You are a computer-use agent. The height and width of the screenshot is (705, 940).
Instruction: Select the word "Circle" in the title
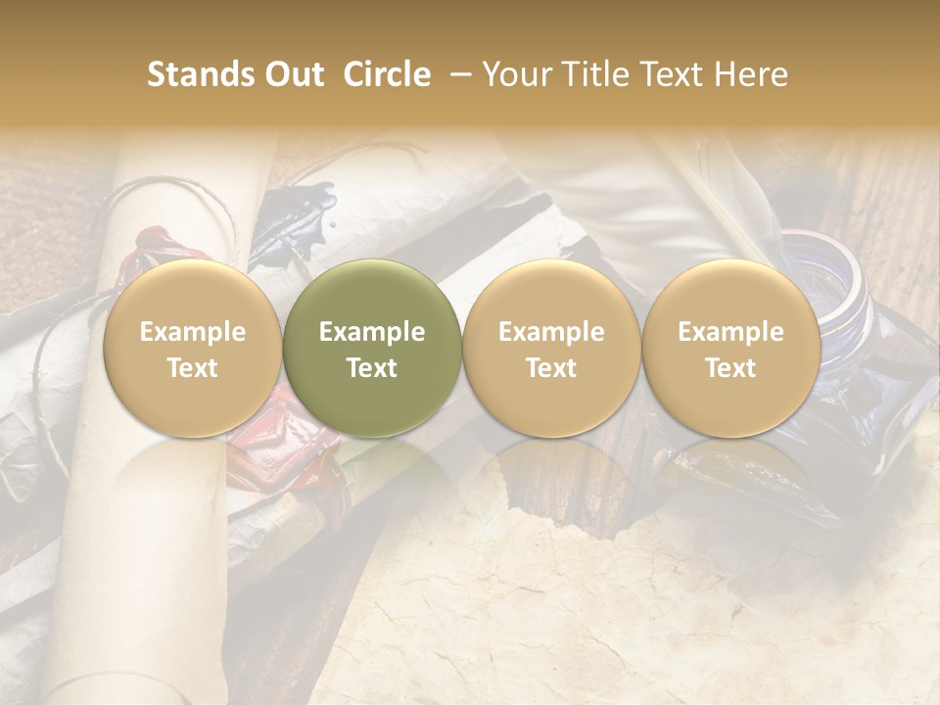pyautogui.click(x=385, y=74)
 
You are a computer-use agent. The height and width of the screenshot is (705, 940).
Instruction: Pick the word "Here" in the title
pyautogui.click(x=753, y=74)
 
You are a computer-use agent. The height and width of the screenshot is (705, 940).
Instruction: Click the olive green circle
pyautogui.click(x=372, y=349)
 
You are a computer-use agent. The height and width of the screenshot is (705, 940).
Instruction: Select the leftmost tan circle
pyautogui.click(x=193, y=349)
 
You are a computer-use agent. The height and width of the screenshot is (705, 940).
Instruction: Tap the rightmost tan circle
pyautogui.click(x=730, y=349)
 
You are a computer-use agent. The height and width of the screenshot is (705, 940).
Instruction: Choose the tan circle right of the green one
pyautogui.click(x=551, y=349)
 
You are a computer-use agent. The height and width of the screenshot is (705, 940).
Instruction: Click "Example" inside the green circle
pyautogui.click(x=372, y=332)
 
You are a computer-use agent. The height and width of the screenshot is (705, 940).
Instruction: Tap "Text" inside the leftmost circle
pyautogui.click(x=193, y=368)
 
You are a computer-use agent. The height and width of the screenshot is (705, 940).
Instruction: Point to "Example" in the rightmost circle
pyautogui.click(x=730, y=332)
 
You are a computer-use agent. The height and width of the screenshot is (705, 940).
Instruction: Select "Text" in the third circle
pyautogui.click(x=551, y=368)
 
